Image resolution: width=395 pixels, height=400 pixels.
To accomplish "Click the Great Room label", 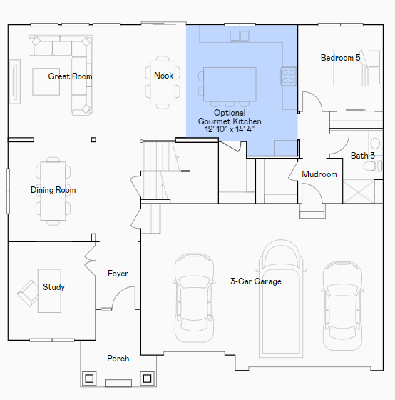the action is (70, 76).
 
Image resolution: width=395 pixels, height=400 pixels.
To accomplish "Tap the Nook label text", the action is (163, 76).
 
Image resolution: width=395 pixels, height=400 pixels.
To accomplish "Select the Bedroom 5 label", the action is (341, 58).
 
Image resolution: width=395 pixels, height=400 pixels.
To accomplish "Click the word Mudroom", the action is (319, 174).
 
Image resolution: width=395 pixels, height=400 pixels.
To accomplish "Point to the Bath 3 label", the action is (363, 156).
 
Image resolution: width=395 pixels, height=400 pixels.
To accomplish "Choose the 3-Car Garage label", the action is (256, 281).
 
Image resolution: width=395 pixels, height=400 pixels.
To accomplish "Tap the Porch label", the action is (118, 359).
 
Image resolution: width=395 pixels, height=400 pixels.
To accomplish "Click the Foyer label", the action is (118, 274).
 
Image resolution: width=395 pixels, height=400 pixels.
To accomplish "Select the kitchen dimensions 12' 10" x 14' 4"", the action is (230, 129).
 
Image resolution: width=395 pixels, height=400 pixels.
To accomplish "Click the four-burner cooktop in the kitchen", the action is (289, 76).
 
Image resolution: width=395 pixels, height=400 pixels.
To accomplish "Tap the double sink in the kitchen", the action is (240, 36).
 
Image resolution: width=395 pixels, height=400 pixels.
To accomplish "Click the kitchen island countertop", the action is (230, 84).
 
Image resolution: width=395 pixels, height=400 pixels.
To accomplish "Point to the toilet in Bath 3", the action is (373, 166).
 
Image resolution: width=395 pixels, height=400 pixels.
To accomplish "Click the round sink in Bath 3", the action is (375, 143).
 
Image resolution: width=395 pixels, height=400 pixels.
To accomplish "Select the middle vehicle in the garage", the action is (281, 299).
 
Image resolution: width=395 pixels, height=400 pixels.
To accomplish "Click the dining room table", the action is (53, 191).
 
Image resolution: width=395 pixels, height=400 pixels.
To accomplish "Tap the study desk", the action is (49, 291).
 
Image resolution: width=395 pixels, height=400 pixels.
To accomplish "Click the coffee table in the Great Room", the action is (46, 81).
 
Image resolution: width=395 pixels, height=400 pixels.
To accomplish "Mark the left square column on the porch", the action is (89, 379).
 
